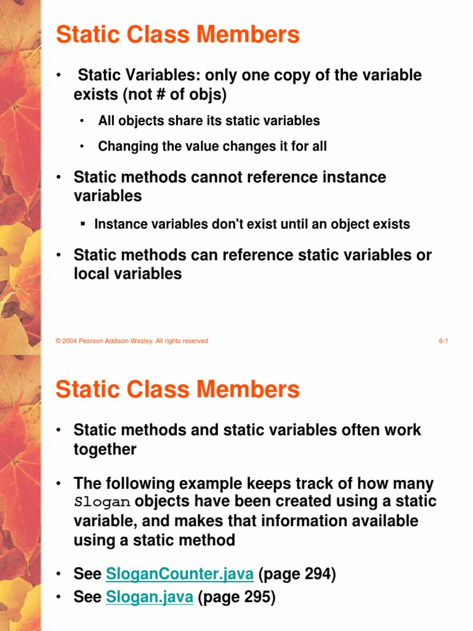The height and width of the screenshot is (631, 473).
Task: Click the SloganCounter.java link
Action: (x=179, y=575)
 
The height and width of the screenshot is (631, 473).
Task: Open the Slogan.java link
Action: (x=150, y=597)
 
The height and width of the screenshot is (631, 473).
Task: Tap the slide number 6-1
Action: (x=443, y=341)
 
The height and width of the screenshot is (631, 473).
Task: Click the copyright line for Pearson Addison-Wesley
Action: (x=132, y=341)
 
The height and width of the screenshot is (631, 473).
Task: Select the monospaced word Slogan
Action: (x=102, y=502)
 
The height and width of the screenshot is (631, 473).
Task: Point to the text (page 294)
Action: (x=297, y=575)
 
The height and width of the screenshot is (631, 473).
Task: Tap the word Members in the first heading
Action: (x=252, y=35)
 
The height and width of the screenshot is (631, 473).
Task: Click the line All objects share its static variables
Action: (x=209, y=121)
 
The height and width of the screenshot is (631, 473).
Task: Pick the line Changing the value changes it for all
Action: (x=212, y=147)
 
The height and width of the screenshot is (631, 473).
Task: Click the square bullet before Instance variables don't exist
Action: (x=83, y=224)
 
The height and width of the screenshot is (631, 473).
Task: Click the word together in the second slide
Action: (x=105, y=449)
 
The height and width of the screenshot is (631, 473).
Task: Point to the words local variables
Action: (x=127, y=274)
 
